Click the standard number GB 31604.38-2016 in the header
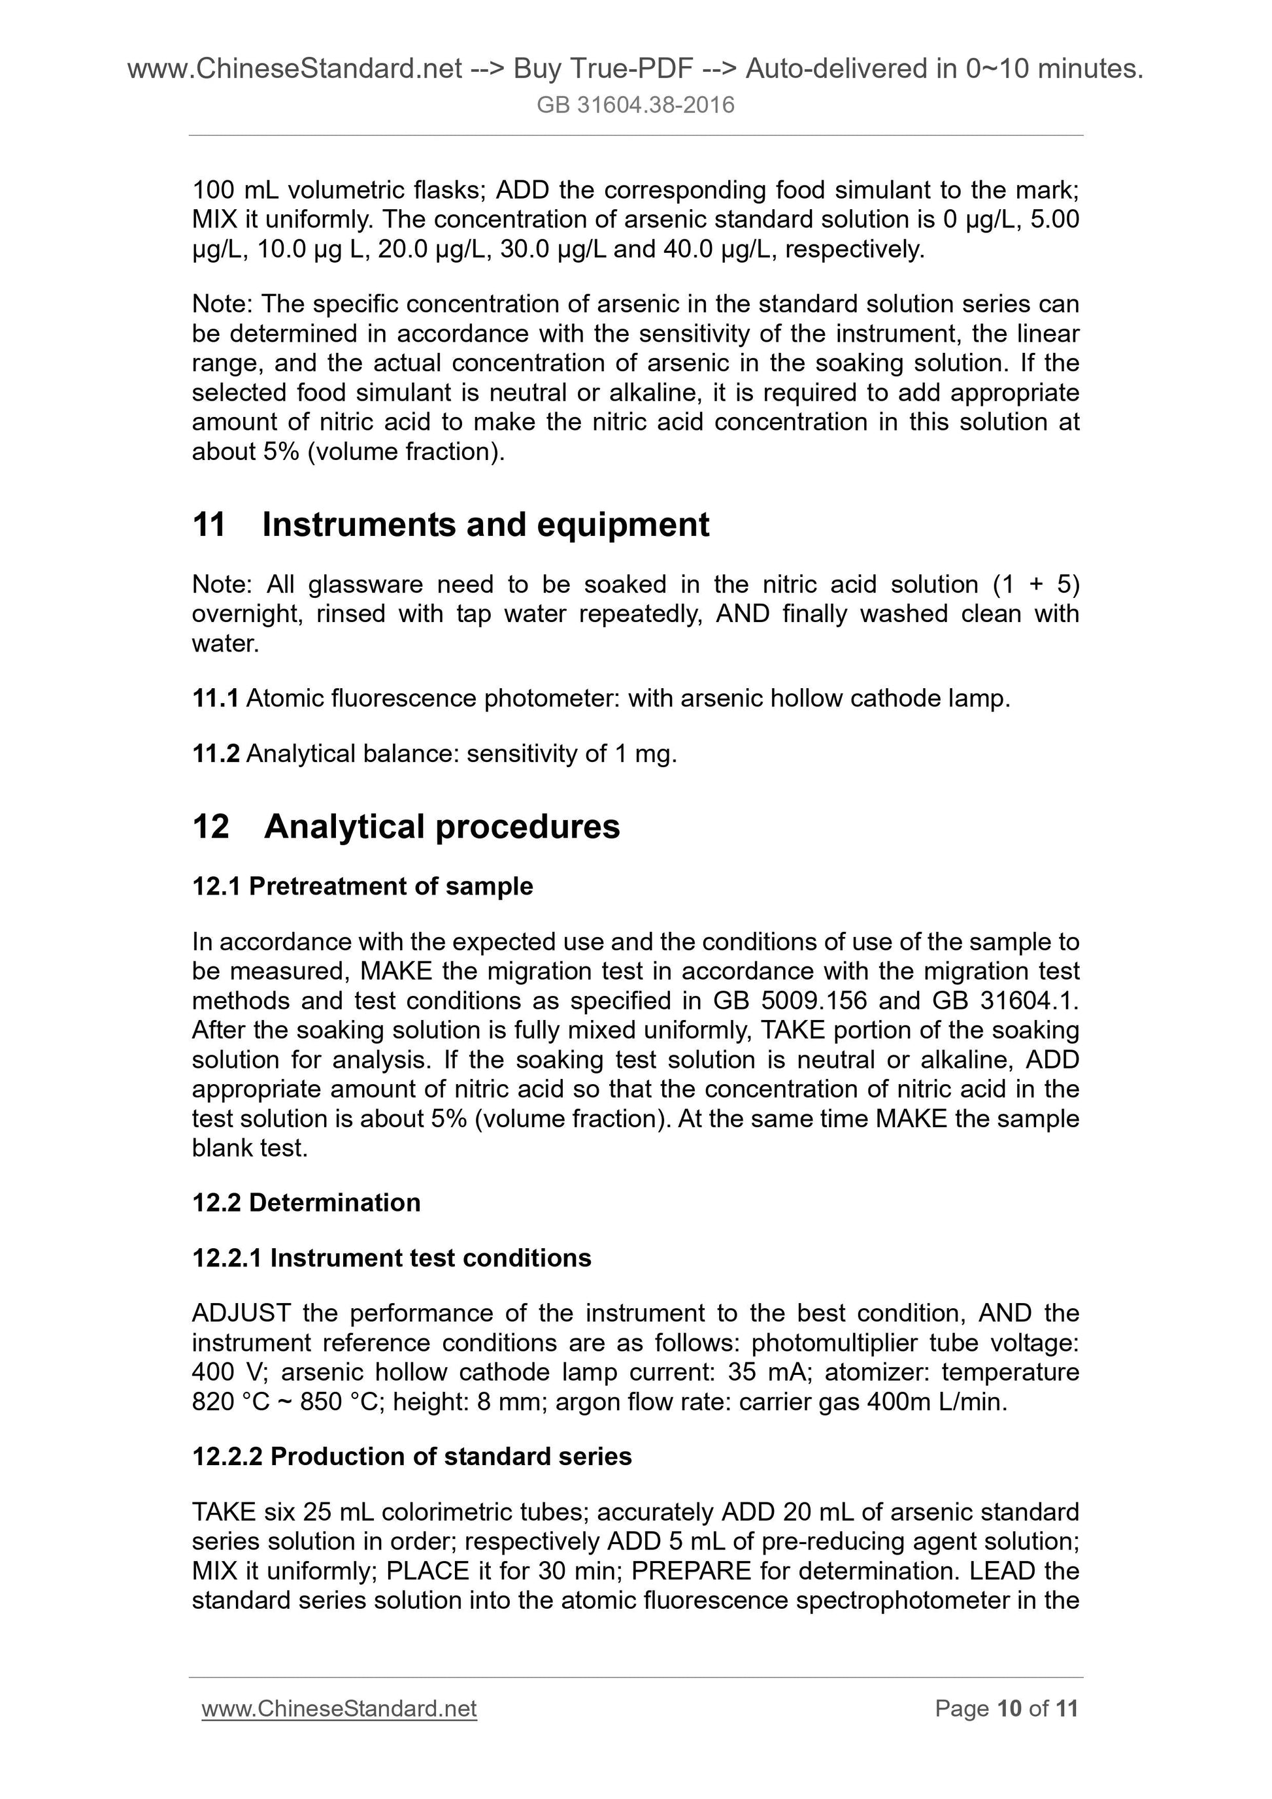635,105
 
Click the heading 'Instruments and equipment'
485,524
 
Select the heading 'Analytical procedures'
441,827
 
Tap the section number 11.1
215,698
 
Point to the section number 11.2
216,753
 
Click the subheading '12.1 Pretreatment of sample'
362,886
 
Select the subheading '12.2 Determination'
306,1203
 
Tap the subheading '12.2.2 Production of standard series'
411,1457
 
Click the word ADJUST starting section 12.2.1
241,1313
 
